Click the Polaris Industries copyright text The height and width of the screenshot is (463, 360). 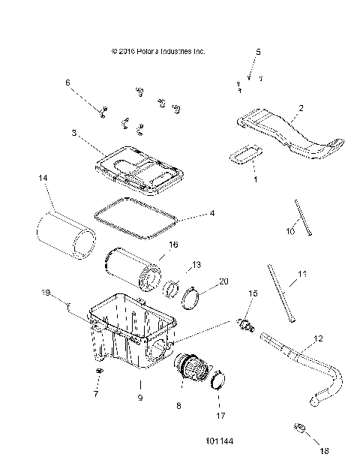157,52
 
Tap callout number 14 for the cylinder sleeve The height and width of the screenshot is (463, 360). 43,178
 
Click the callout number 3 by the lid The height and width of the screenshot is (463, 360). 74,133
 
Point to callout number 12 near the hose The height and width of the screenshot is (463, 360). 318,339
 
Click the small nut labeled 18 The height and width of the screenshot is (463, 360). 298,428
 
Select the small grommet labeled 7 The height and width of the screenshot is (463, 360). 97,372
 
